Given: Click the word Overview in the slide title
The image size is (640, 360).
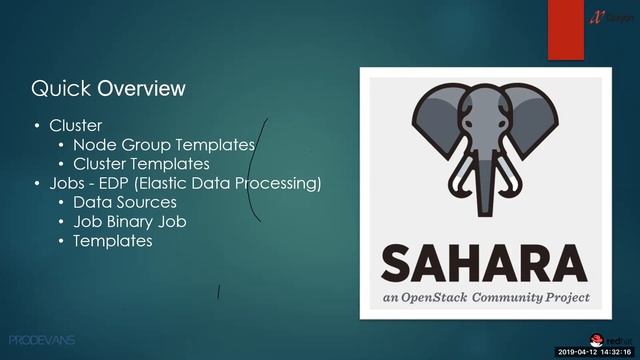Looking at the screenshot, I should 141,89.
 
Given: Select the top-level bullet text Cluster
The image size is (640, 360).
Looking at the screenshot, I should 76,126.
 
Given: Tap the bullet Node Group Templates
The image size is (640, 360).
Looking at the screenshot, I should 164,145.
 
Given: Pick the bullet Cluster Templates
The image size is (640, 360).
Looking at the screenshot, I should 141,164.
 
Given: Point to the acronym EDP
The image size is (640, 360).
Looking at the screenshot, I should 128,184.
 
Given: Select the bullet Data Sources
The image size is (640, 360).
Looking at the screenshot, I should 125,203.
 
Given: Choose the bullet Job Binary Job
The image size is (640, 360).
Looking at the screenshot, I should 130,222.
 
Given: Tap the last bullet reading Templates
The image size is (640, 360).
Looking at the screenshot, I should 113,241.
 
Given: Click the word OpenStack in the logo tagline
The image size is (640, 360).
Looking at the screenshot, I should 462,298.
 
